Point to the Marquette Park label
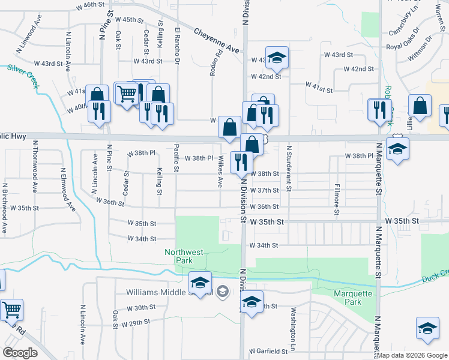(354, 298)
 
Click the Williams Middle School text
(169, 293)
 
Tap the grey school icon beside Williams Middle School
(222, 292)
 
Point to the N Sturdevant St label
(289, 168)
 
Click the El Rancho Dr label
(178, 45)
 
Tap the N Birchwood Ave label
(4, 208)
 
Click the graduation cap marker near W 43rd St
(277, 58)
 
